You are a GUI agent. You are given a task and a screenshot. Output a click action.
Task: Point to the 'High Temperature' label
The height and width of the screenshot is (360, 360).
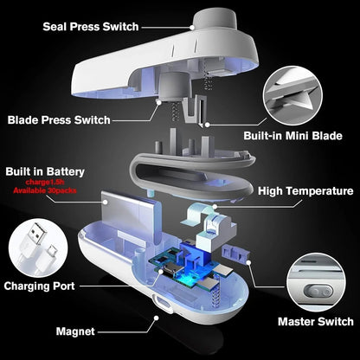pos(305,191)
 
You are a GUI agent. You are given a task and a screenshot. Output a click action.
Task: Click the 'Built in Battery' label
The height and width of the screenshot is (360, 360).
pos(48,172)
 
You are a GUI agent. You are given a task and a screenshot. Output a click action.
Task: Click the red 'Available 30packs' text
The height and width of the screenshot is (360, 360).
pos(48,192)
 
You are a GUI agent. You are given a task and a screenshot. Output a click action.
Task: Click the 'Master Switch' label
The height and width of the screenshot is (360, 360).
pos(314,322)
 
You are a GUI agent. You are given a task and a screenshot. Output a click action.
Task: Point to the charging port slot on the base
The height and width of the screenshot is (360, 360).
pos(158,305)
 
